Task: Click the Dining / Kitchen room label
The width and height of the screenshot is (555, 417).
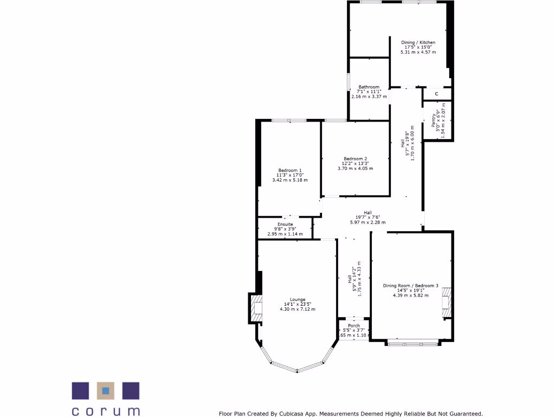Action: pyautogui.click(x=418, y=42)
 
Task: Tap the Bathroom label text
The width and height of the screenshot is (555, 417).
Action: pyautogui.click(x=369, y=87)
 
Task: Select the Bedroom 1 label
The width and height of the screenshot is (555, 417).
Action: pyautogui.click(x=290, y=170)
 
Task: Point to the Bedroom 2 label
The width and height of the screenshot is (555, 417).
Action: pyautogui.click(x=355, y=159)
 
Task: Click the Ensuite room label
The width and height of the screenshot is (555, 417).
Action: pyautogui.click(x=285, y=224)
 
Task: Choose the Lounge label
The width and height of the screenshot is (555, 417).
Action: pyautogui.click(x=298, y=300)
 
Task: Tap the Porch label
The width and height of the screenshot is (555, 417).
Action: pyautogui.click(x=354, y=326)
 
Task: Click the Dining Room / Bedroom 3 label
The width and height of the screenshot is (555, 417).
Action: pyautogui.click(x=410, y=286)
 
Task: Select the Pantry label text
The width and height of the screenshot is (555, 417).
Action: pyautogui.click(x=434, y=120)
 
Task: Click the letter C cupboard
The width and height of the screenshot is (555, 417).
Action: pyautogui.click(x=436, y=94)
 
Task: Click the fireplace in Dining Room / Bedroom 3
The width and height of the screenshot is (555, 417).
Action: pyautogui.click(x=446, y=302)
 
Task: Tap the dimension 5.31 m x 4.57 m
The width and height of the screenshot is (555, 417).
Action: pyautogui.click(x=418, y=52)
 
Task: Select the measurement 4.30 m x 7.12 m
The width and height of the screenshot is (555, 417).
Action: pyautogui.click(x=297, y=309)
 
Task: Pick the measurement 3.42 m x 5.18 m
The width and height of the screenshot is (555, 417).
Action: pyautogui.click(x=290, y=180)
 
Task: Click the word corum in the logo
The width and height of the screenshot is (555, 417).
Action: pyautogui.click(x=106, y=411)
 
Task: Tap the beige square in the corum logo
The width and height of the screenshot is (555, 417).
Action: pyautogui.click(x=106, y=390)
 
